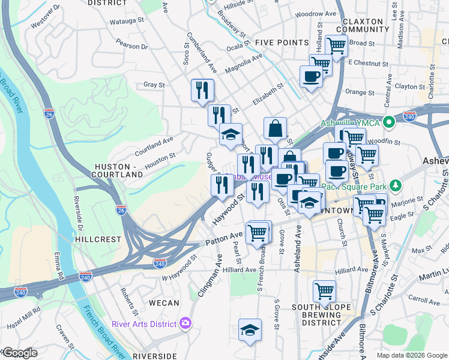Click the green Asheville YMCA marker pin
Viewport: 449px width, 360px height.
pos(389,123)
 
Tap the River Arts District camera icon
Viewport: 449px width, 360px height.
pos(185,324)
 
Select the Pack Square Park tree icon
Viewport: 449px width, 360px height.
pos(394,184)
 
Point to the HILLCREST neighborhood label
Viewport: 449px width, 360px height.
pos(98,239)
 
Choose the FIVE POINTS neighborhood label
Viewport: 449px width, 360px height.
pos(282,43)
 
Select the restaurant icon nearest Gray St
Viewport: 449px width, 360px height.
pos(202,91)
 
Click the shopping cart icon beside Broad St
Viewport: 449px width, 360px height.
pos(336,45)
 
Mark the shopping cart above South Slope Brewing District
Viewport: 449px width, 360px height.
pos(324,292)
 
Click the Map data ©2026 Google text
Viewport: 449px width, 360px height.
pos(411,355)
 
